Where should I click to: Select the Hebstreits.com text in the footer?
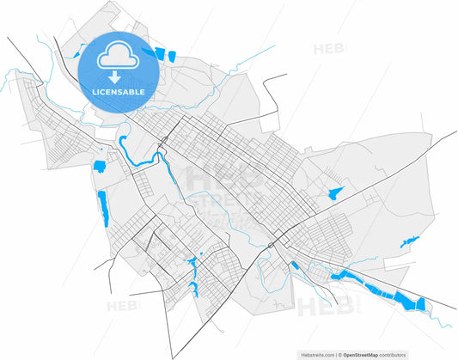pyautogui.click(x=317, y=353)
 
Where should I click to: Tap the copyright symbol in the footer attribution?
pyautogui.click(x=339, y=353)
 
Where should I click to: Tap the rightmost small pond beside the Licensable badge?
pyautogui.click(x=170, y=56)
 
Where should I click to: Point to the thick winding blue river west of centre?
pyautogui.click(x=137, y=156)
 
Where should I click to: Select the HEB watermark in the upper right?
pyautogui.click(x=329, y=49)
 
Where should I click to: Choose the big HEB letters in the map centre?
pyautogui.click(x=225, y=179)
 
